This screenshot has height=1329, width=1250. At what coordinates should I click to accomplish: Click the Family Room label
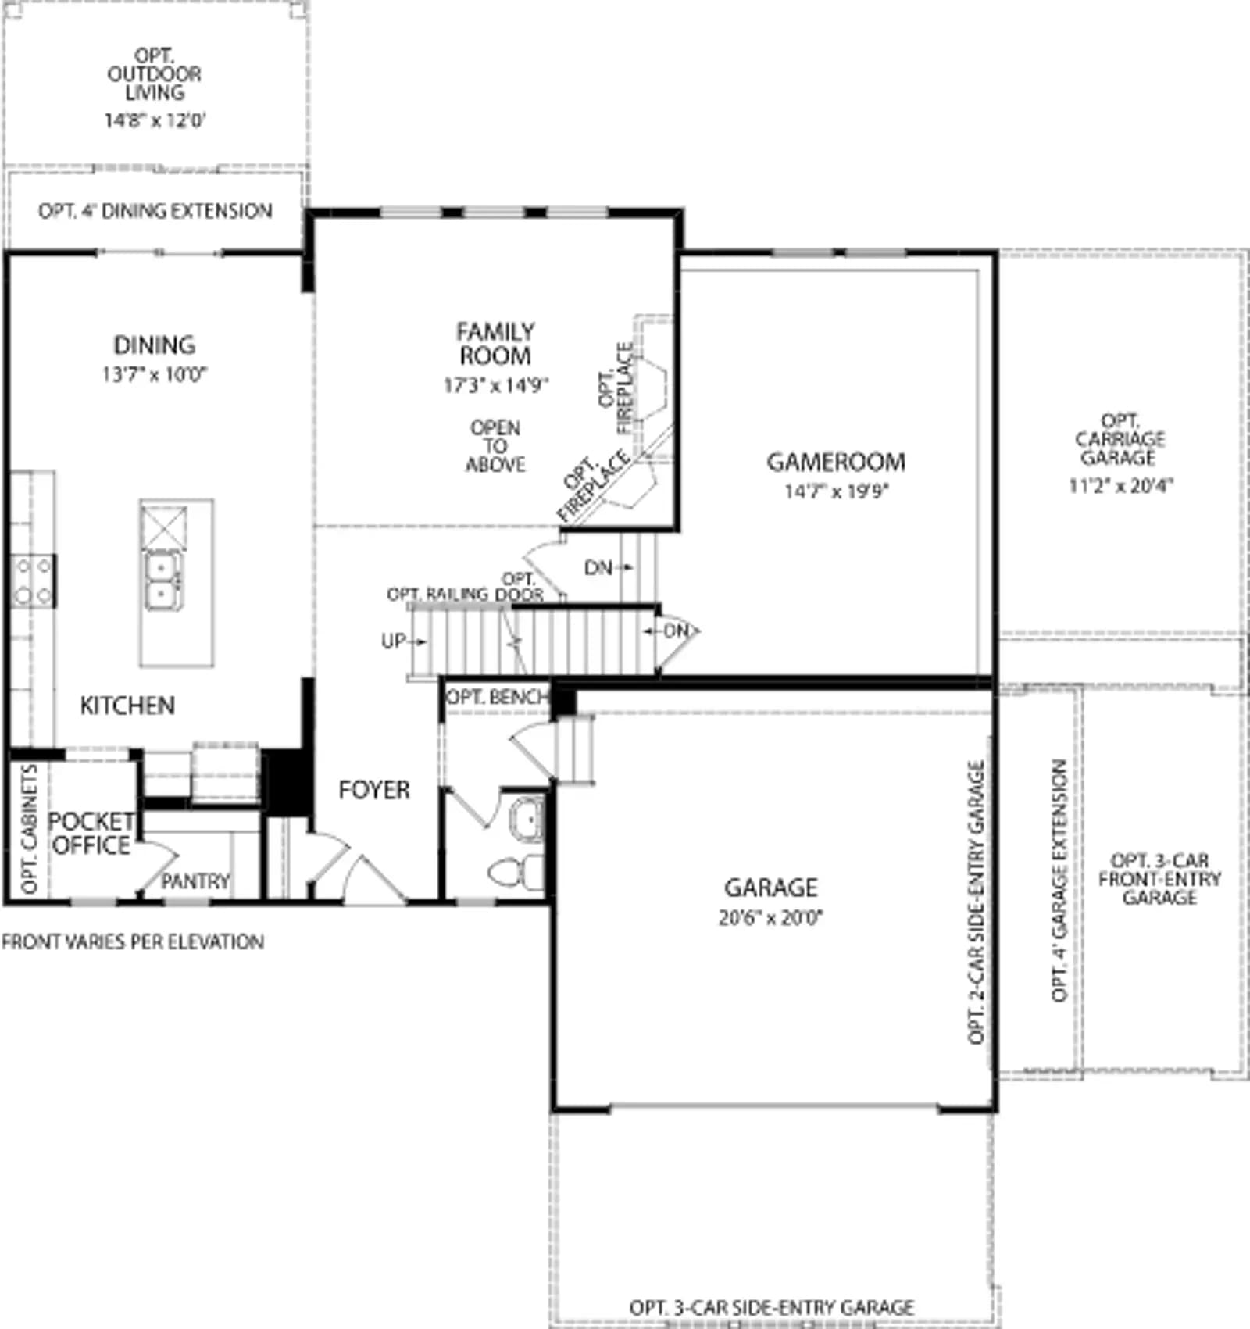495,344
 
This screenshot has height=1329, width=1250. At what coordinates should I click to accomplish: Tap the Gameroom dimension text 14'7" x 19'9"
837,491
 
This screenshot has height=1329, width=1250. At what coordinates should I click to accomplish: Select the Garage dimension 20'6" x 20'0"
771,917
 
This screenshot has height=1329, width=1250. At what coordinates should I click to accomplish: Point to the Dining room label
155,345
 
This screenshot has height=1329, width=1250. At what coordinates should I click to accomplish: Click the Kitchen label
127,706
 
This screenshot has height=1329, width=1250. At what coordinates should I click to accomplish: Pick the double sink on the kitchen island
163,581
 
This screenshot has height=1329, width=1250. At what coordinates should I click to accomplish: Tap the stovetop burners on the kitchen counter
33,581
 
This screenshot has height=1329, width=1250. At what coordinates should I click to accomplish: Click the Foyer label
374,790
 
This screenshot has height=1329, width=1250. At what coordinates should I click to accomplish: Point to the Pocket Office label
91,834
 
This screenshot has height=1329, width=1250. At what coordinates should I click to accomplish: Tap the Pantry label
195,881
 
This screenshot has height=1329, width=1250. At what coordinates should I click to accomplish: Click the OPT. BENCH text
497,696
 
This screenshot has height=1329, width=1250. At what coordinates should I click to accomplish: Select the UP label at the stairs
393,641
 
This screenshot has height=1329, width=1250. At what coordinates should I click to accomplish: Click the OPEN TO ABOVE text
495,446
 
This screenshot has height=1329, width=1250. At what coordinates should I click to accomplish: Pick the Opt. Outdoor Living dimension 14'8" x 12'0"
155,120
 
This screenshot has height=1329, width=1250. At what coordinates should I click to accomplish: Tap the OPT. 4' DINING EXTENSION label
155,211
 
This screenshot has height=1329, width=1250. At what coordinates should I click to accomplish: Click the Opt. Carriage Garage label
1120,439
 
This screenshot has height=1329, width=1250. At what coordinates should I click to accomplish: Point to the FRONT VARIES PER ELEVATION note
133,941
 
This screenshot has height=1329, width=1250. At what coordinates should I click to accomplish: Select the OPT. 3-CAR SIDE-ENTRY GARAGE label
772,1307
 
